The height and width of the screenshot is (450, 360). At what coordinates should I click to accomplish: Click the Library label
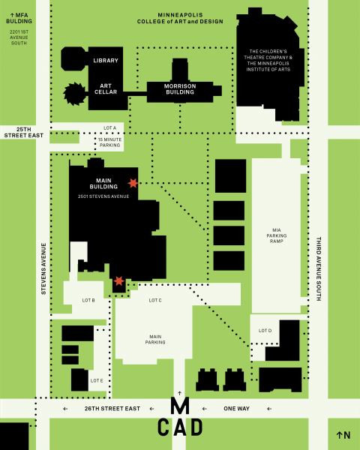tap(106, 61)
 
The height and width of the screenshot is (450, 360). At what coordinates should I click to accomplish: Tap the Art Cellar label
tap(106, 89)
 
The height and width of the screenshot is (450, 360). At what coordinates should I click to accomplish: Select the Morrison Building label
tap(180, 89)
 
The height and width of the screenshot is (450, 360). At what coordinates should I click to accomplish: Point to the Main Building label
tap(103, 184)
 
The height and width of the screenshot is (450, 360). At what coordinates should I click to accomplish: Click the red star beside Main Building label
tap(133, 183)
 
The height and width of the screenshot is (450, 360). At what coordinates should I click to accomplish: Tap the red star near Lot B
tap(118, 281)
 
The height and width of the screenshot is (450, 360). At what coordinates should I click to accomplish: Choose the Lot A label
tap(110, 128)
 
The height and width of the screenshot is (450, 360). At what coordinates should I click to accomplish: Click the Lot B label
tap(88, 300)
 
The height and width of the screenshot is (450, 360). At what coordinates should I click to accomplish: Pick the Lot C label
tap(155, 300)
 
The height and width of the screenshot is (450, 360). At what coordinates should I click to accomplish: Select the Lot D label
tap(265, 331)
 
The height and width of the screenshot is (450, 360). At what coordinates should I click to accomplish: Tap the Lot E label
tap(97, 380)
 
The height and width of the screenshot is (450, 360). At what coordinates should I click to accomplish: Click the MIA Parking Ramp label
tap(277, 235)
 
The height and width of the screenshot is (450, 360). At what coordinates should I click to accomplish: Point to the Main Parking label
tap(155, 340)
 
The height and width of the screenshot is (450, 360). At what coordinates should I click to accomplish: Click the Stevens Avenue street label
tap(43, 268)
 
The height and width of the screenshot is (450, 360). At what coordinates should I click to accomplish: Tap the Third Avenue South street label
tap(318, 268)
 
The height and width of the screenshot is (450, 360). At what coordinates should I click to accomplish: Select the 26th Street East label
tap(112, 409)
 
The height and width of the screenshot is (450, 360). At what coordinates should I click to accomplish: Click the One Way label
tap(236, 409)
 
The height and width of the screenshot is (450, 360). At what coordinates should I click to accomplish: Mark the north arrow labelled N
tap(343, 435)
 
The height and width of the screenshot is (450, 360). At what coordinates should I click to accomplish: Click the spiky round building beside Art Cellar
tap(75, 94)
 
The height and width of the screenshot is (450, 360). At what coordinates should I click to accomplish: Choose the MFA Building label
tap(19, 18)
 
